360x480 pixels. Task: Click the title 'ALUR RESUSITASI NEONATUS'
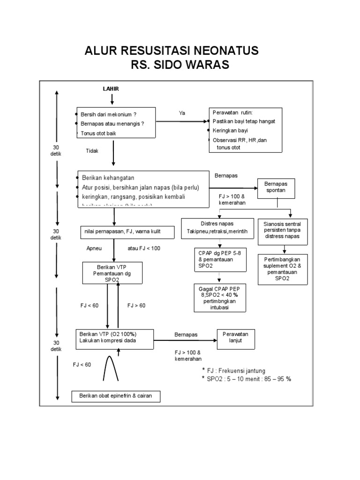point(171,51)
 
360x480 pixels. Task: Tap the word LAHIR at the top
point(111,89)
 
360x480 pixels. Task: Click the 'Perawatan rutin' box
point(245,130)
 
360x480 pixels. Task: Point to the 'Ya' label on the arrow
point(182,113)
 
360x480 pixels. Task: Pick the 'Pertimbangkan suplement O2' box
point(283,269)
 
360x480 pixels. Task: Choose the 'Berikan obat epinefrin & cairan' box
point(115,397)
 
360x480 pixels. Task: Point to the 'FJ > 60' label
point(136,305)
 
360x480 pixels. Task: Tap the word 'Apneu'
point(94,248)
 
